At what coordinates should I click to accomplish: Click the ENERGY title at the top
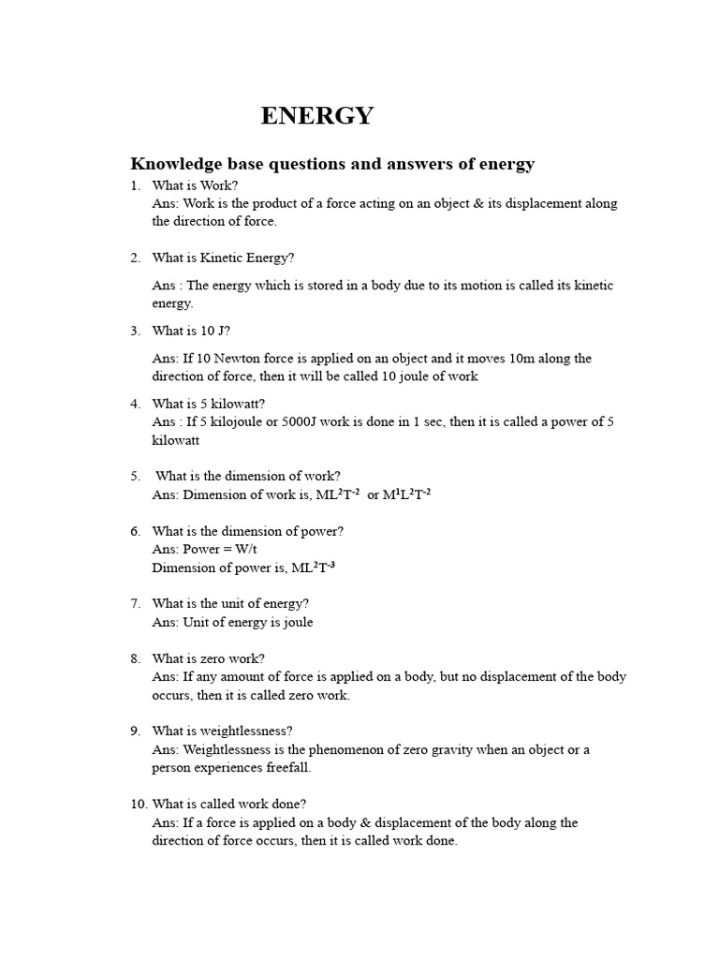[x=316, y=115]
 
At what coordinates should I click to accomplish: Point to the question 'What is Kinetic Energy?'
[x=223, y=258]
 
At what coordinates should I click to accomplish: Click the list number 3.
[x=136, y=331]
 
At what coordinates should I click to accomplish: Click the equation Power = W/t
[x=205, y=550]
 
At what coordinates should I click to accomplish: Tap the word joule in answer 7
[x=296, y=623]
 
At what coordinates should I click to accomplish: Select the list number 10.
[x=139, y=804]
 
